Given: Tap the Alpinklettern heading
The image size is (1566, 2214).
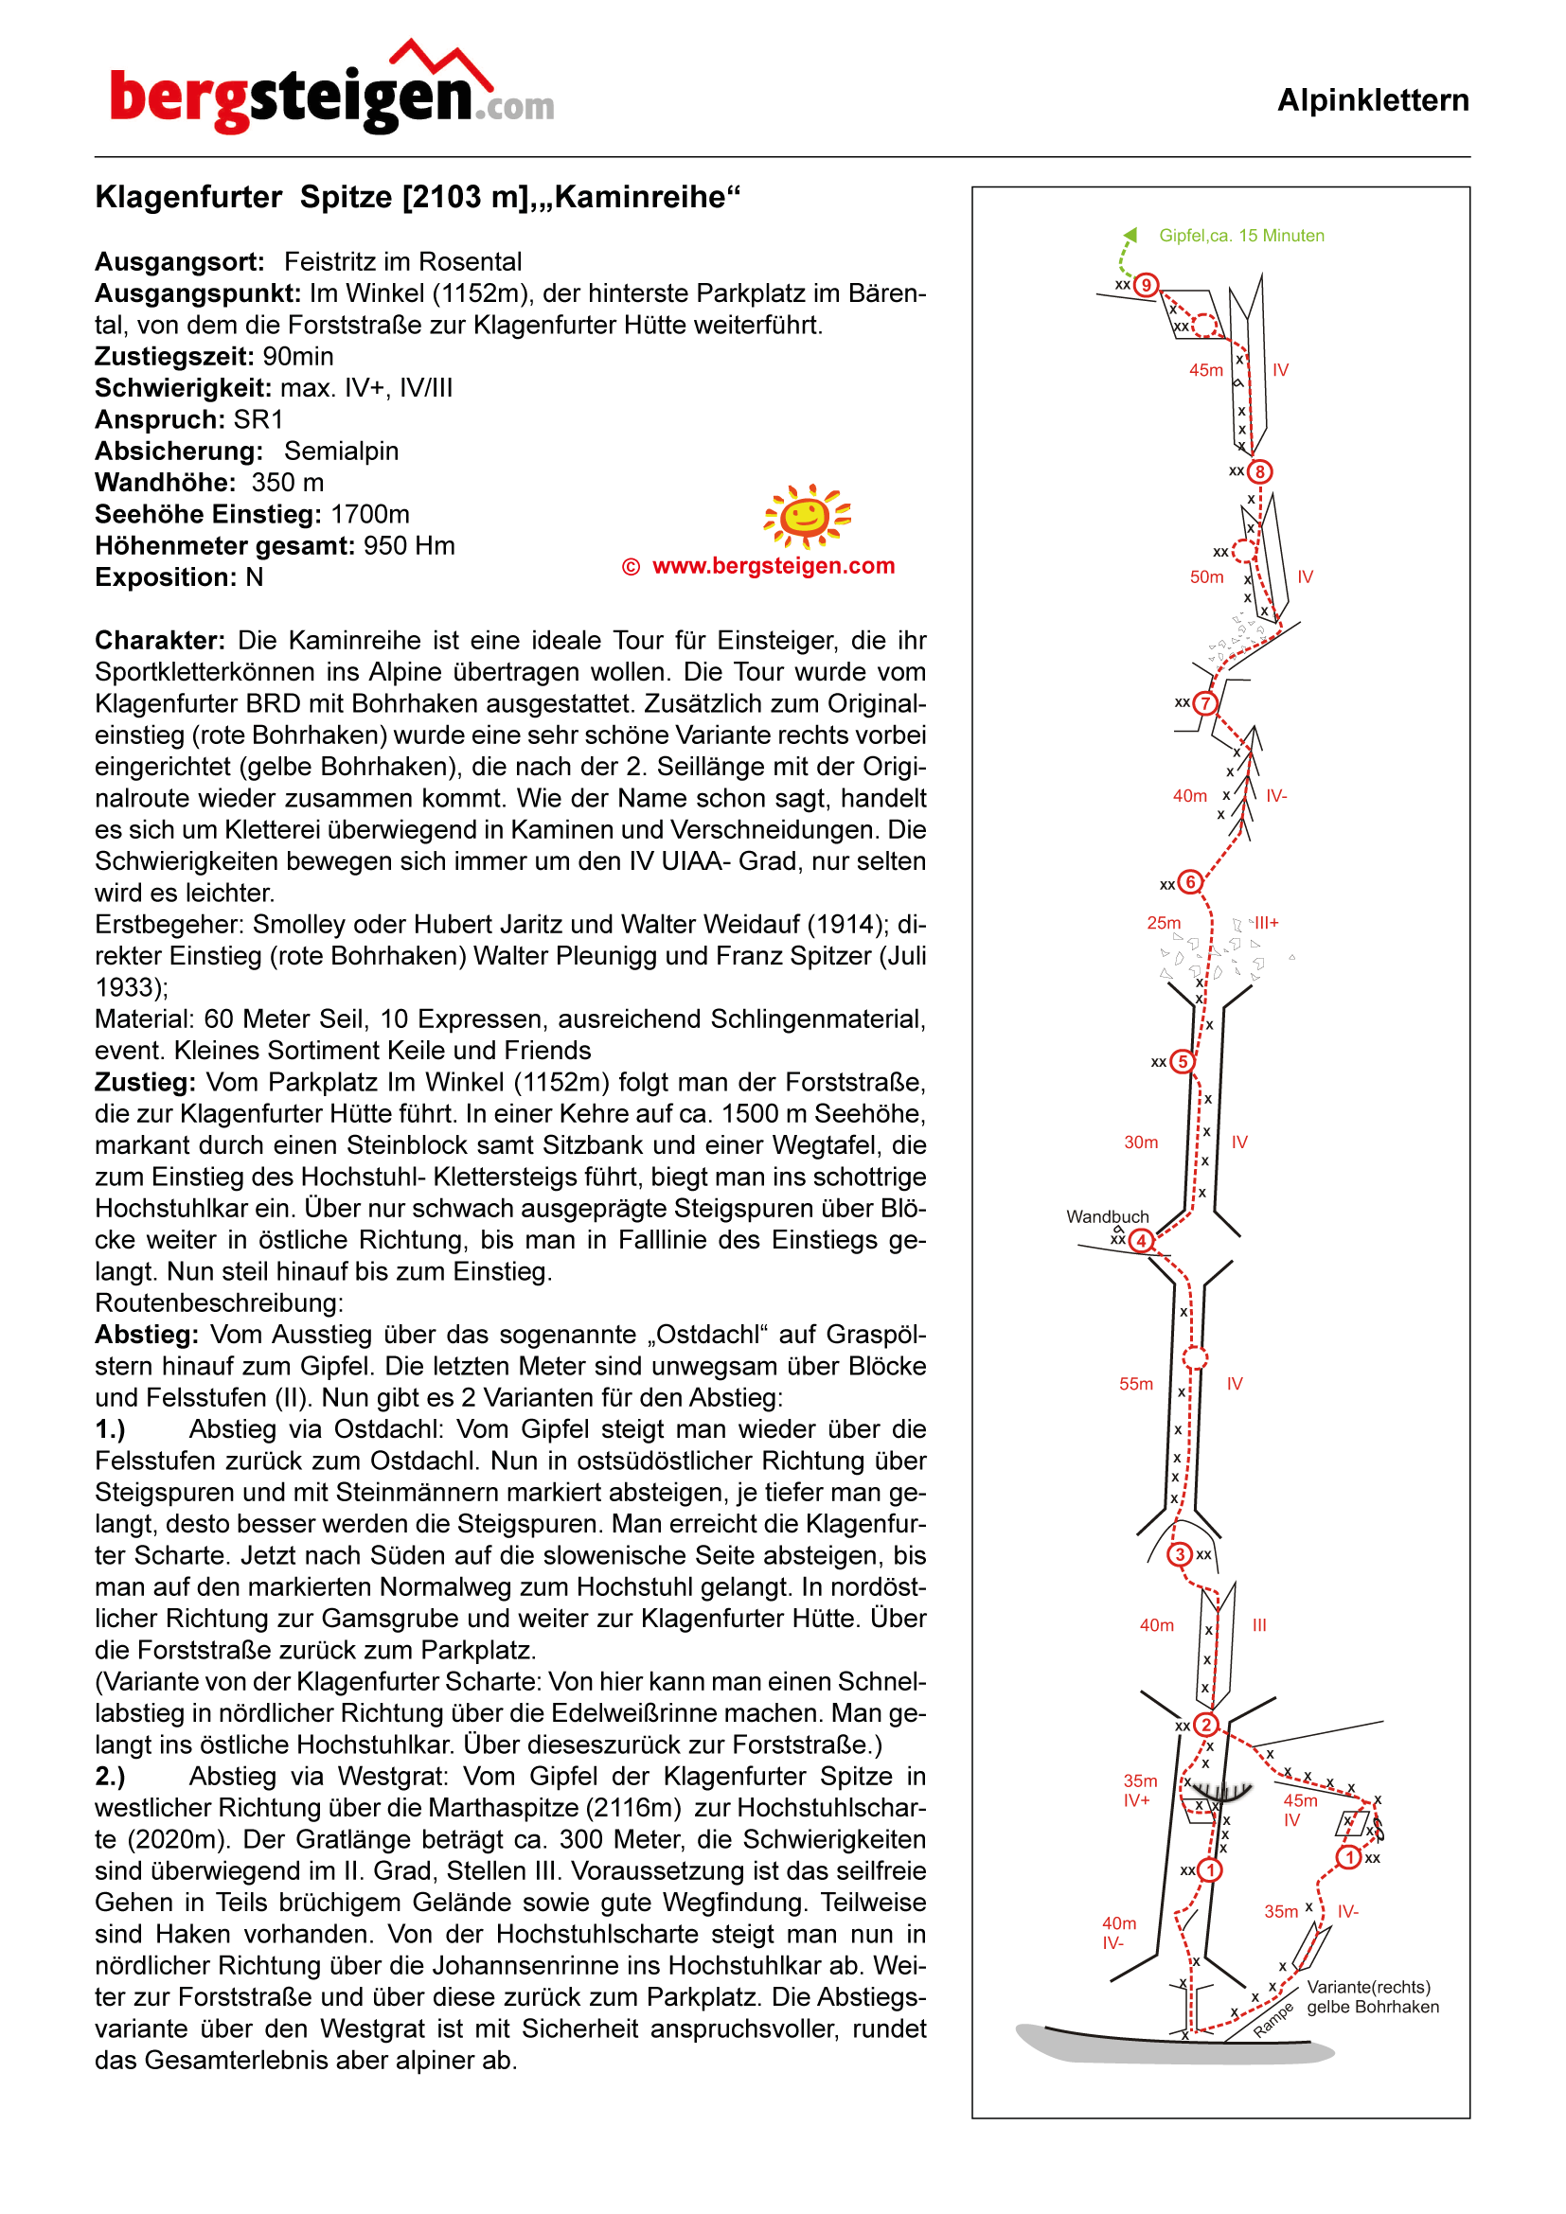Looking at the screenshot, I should click(x=1372, y=100).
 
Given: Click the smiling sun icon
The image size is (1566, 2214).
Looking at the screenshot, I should click(x=807, y=516).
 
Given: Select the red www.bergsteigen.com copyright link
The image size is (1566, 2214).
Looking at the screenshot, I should click(x=773, y=566).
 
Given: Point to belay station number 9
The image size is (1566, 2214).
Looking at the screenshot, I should click(x=1146, y=286).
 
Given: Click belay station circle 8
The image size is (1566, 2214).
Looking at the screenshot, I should click(x=1259, y=471).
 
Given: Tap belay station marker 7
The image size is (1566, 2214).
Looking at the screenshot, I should click(x=1204, y=703).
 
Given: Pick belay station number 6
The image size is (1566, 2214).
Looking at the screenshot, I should click(x=1191, y=882).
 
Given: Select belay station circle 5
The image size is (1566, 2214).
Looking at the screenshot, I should click(x=1183, y=1062).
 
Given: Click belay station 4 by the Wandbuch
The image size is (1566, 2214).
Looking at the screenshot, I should click(x=1142, y=1241).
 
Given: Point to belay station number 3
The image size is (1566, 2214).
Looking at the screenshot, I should click(x=1180, y=1554).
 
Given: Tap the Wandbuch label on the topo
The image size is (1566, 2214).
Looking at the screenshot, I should click(x=1107, y=1217).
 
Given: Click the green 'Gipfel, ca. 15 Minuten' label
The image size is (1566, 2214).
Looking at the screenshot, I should click(x=1241, y=236).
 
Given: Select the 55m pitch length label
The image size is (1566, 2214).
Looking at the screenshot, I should click(x=1136, y=1384).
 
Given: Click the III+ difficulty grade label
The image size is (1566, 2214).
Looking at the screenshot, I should click(x=1265, y=923).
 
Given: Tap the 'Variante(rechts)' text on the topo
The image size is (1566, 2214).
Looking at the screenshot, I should click(x=1367, y=1987).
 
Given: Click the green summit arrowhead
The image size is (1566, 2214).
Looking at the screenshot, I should click(x=1131, y=235).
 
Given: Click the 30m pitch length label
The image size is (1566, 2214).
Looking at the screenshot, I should click(x=1141, y=1142).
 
